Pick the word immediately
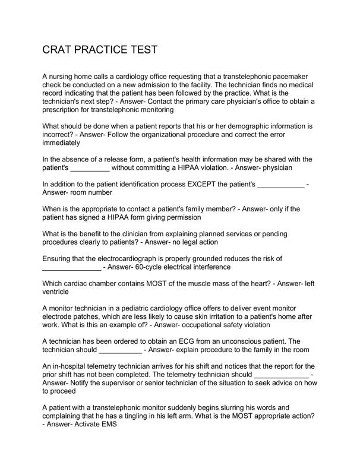point(61,143)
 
